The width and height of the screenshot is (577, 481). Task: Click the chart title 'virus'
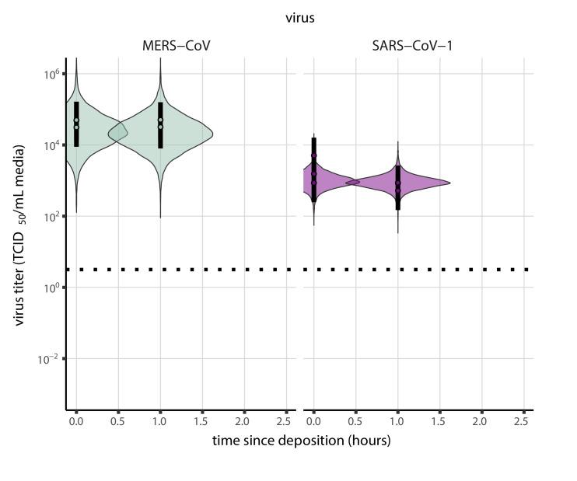pos(299,18)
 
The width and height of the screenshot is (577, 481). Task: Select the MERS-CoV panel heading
pos(170,46)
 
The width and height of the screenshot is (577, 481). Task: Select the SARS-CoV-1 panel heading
pos(412,46)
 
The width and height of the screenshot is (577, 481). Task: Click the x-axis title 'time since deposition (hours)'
pos(301,441)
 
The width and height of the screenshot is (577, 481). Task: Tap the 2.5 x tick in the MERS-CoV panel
pos(286,420)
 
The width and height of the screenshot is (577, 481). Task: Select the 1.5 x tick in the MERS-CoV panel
pos(202,420)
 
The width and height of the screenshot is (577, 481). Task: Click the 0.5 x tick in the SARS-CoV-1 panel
pos(355,420)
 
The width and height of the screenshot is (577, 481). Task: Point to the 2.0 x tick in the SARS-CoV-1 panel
pos(481,420)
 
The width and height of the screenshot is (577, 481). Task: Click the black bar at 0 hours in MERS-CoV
pos(76,124)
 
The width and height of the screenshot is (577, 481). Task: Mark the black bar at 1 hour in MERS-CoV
pos(160,125)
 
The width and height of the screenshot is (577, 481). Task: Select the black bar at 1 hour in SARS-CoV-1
pos(397,187)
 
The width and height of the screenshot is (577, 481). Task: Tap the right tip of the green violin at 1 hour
pos(212,134)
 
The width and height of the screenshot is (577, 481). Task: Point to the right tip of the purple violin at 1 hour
pos(449,183)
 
